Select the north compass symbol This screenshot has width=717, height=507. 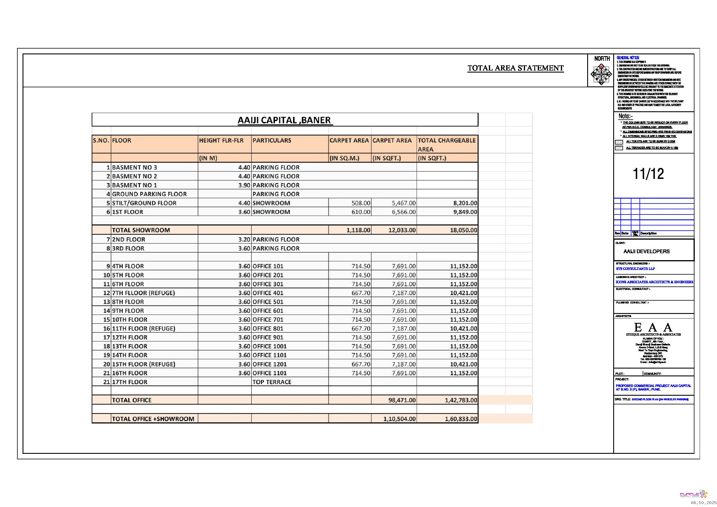601,74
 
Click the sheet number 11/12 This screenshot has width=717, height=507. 648,174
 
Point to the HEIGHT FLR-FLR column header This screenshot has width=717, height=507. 221,140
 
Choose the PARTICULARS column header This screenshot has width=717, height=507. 272,140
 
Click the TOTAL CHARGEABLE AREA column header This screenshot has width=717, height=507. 447,145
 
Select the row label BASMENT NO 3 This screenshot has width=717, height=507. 134,168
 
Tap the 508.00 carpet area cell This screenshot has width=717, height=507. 361,203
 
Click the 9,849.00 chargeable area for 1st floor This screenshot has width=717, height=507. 465,212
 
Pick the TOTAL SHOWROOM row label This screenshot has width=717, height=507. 141,230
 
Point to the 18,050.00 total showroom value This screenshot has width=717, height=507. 463,230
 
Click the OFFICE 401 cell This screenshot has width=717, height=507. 268,293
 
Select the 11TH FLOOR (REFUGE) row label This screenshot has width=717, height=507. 144,328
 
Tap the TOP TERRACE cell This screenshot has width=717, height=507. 272,382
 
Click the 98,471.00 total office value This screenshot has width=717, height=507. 402,400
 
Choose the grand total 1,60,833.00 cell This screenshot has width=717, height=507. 461,419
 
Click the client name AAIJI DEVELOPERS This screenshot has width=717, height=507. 646,251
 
